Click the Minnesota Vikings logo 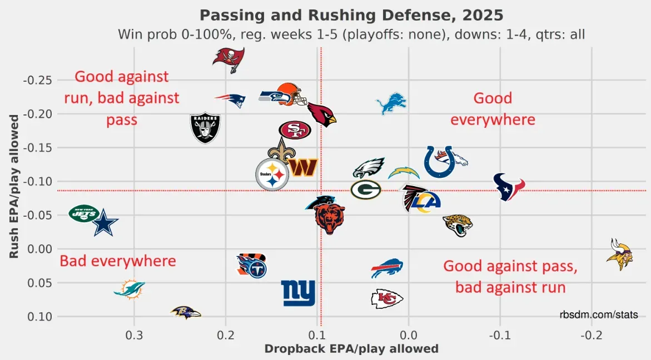(619, 254)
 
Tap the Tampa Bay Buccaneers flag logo (228, 58)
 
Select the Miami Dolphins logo (130, 289)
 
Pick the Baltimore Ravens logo (186, 312)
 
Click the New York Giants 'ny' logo (298, 293)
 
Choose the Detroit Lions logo (391, 104)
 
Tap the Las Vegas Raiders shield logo (205, 128)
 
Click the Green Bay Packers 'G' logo (366, 189)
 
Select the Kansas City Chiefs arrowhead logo (387, 299)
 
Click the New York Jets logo (84, 214)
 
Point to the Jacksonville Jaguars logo (458, 224)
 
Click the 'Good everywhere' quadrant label (493, 109)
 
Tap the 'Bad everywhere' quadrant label (118, 261)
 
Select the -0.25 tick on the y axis (38, 80)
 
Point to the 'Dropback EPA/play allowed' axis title (351, 349)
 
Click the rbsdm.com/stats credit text (599, 315)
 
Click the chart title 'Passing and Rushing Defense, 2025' (351, 14)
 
